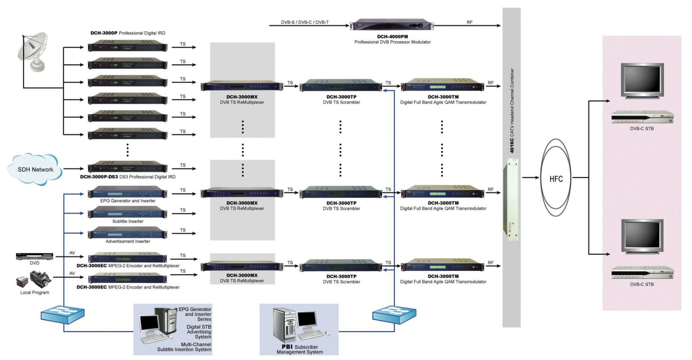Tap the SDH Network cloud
(x=35, y=169)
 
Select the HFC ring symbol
(x=556, y=178)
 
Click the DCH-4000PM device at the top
(x=392, y=26)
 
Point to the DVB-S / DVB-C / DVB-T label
(x=304, y=22)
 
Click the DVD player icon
(x=35, y=256)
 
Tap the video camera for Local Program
(x=40, y=279)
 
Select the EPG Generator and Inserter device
(x=128, y=192)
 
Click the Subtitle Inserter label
(x=128, y=221)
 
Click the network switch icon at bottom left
(x=63, y=315)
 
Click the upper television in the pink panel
(x=642, y=80)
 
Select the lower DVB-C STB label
(x=642, y=284)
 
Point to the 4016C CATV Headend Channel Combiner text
(x=512, y=110)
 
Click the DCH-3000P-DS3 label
(x=99, y=177)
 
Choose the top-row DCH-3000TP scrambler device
(x=341, y=85)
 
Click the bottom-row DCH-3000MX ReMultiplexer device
(x=242, y=266)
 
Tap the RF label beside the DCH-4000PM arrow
(x=469, y=22)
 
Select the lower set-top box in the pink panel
(x=642, y=273)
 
